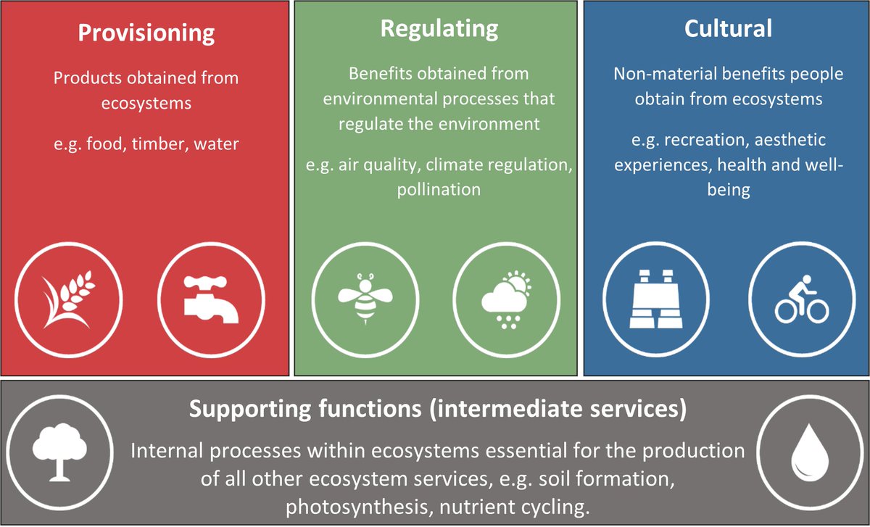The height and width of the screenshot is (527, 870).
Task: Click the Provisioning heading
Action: point(146,33)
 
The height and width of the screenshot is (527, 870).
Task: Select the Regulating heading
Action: point(439,28)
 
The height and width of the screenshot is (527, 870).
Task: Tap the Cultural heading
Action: point(727,28)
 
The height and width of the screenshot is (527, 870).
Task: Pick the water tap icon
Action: point(209,297)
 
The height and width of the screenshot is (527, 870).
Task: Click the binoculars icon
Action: point(652,297)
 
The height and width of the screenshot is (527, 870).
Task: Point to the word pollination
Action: point(439,189)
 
